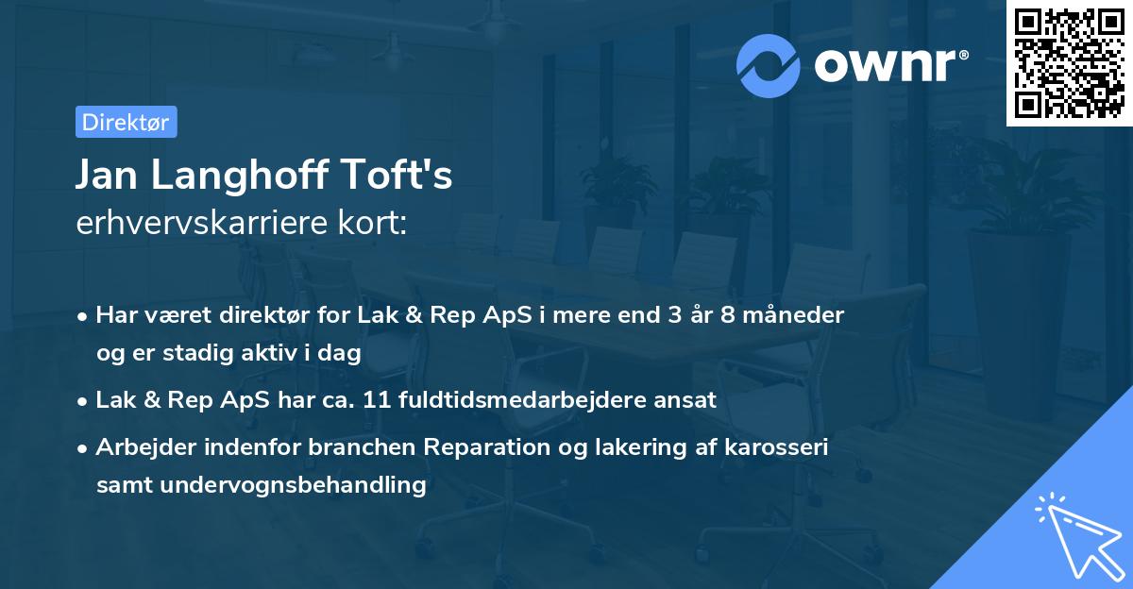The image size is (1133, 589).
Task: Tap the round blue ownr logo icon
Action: tap(769, 65)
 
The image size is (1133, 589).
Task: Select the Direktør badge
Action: tap(126, 122)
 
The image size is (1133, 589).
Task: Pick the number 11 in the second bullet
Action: tap(430, 399)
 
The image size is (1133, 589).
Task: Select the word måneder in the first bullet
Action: tap(798, 314)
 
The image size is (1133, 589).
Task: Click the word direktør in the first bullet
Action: tap(263, 314)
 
